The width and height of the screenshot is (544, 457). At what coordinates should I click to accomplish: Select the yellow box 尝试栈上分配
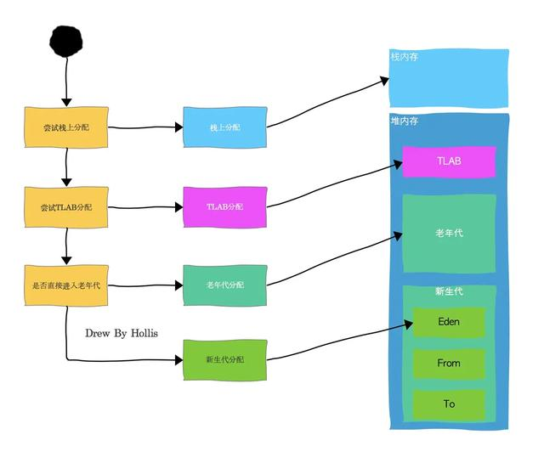(65, 127)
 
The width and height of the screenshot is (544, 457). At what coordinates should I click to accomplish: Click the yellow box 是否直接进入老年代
(65, 285)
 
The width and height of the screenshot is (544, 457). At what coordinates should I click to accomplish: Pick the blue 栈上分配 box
(224, 127)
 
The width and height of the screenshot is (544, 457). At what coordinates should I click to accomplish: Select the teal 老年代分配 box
(224, 285)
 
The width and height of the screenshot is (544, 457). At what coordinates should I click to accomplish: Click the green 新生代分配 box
(224, 360)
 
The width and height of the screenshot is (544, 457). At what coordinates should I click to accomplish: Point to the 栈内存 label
(404, 57)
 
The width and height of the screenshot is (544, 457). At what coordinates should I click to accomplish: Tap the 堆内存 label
(405, 121)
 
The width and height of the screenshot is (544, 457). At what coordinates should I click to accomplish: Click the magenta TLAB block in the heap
(448, 161)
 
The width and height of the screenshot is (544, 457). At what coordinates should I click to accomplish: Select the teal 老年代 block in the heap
(448, 233)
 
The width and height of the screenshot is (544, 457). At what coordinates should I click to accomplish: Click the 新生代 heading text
(448, 292)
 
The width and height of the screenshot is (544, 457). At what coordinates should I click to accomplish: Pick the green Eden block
(448, 322)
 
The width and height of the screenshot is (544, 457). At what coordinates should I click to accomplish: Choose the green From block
(448, 363)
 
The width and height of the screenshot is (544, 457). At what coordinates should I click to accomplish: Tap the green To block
(448, 403)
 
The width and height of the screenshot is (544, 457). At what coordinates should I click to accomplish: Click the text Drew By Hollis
(122, 333)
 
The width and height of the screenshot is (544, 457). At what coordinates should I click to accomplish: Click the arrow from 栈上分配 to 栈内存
(327, 103)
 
